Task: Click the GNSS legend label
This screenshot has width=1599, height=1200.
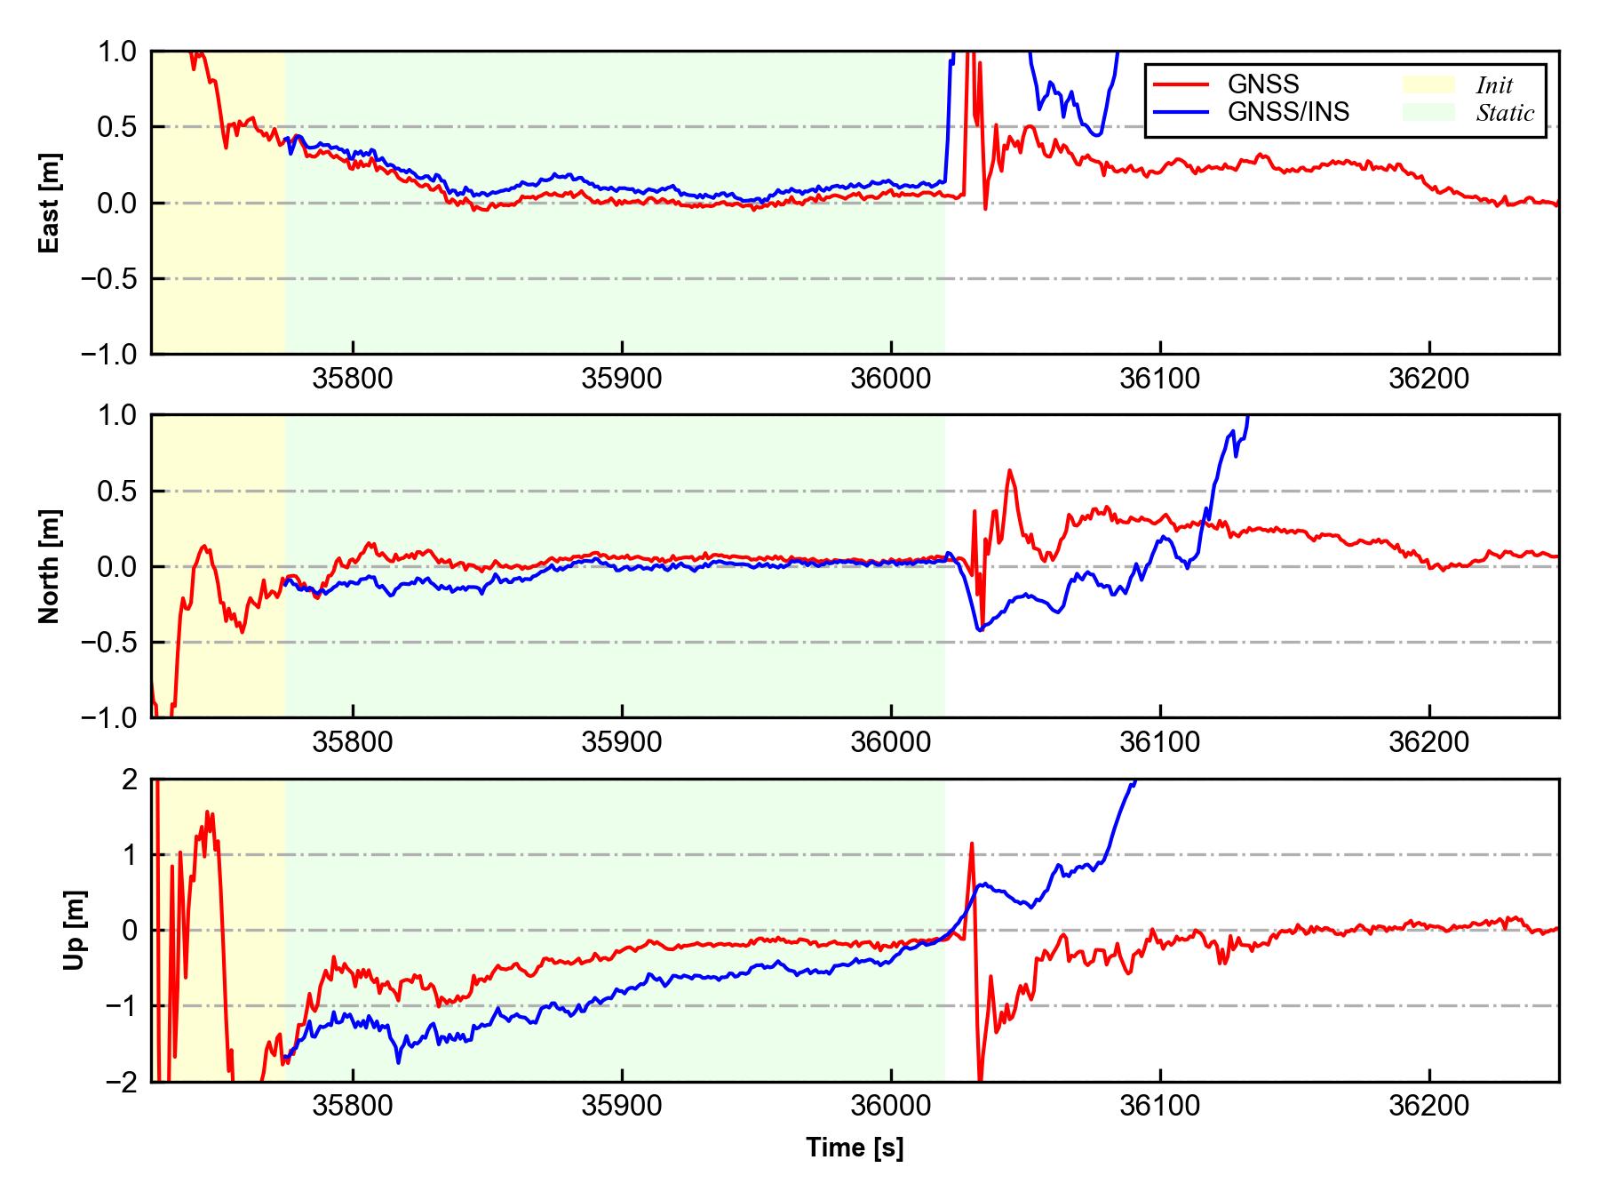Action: (1263, 84)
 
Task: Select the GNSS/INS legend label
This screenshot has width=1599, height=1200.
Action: (1288, 112)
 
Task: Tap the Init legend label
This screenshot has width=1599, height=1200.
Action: (1494, 85)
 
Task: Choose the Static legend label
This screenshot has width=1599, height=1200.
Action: (1505, 113)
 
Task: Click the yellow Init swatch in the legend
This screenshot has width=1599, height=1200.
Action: (1428, 84)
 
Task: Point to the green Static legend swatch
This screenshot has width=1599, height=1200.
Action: (1428, 112)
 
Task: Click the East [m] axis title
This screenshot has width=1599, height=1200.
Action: (50, 203)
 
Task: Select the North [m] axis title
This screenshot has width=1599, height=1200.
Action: (50, 566)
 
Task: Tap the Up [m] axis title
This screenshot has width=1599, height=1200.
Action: (75, 930)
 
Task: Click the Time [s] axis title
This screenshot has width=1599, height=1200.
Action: (855, 1148)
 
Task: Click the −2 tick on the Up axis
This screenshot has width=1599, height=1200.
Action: (118, 1082)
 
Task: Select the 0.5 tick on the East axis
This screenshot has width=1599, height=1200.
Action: (118, 127)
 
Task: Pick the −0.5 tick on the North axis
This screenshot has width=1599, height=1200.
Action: (109, 642)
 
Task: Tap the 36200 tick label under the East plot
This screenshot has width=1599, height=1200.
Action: (1428, 379)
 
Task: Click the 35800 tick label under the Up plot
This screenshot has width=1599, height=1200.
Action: (353, 1107)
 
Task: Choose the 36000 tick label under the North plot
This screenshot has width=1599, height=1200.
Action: (890, 742)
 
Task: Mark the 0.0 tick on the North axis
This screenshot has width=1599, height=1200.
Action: (118, 566)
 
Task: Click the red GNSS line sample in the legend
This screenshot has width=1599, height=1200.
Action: (1181, 84)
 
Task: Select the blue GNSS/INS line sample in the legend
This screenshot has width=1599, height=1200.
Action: (1181, 112)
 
